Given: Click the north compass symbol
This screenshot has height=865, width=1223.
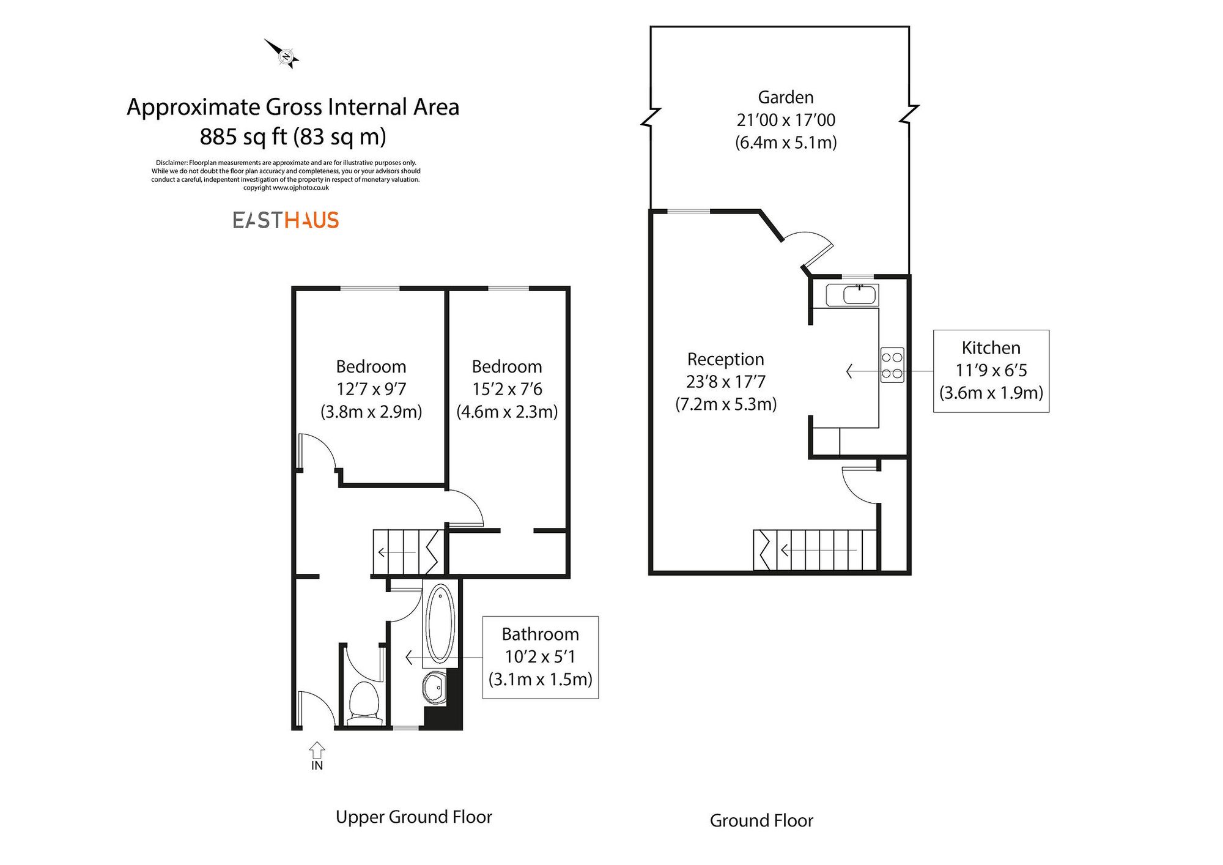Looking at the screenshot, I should coord(283,55).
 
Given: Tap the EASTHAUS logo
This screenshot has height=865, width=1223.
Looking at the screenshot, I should coord(286,220).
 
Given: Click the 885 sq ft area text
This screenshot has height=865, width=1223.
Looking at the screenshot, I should coord(293,136).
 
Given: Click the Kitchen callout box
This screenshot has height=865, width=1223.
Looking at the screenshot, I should coord(991,371).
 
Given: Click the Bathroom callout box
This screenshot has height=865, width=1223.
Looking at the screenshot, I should coord(540,657).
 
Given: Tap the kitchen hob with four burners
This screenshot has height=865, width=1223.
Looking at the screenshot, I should coord(892,365).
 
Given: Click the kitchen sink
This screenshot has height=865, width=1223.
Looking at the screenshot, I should coord(859,295).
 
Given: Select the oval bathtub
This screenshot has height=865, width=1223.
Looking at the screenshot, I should coord(440,623).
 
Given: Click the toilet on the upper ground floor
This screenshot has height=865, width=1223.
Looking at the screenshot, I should coord(364,700).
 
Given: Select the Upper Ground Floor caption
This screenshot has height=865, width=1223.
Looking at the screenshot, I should coord(413,817).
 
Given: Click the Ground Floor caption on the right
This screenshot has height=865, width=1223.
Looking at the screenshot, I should coord(761,821).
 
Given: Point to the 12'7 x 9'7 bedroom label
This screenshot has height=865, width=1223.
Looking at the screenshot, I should coord(371,389).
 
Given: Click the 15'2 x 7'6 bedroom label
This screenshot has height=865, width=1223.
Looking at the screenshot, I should coord(507,389).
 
